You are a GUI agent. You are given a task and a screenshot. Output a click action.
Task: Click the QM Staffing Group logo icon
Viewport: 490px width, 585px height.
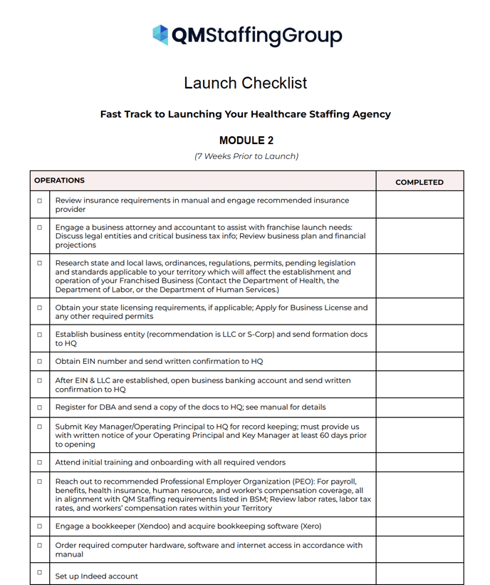[x=161, y=35]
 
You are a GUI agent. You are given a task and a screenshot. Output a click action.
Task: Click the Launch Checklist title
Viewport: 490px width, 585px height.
[x=245, y=83]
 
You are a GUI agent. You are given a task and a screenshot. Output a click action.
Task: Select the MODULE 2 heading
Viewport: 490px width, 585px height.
[x=246, y=141]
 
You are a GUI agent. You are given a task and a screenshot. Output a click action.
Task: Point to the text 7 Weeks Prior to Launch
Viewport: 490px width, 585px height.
[x=246, y=156]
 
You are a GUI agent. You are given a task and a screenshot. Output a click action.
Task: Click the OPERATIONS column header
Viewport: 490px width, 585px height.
[x=60, y=181]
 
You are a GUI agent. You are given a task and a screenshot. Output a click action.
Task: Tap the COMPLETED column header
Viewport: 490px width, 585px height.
[x=419, y=182]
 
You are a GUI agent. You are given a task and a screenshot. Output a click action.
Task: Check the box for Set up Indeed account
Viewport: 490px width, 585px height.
[x=40, y=572]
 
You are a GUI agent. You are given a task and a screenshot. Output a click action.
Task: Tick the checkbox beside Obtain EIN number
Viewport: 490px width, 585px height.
[x=40, y=362]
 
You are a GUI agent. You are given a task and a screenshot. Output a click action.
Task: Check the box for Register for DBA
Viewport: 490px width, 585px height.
[x=40, y=407]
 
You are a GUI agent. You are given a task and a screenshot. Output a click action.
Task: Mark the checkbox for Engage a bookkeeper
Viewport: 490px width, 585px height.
[x=40, y=526]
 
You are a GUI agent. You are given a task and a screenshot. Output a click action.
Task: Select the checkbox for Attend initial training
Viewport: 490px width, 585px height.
[x=40, y=462]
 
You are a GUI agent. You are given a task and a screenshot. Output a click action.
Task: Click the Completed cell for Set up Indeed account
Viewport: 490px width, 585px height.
[x=419, y=574]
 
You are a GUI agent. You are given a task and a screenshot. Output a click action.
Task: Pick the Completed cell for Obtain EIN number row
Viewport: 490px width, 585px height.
[x=419, y=362]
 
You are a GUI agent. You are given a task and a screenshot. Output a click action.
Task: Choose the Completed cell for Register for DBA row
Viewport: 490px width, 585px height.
[x=419, y=407]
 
